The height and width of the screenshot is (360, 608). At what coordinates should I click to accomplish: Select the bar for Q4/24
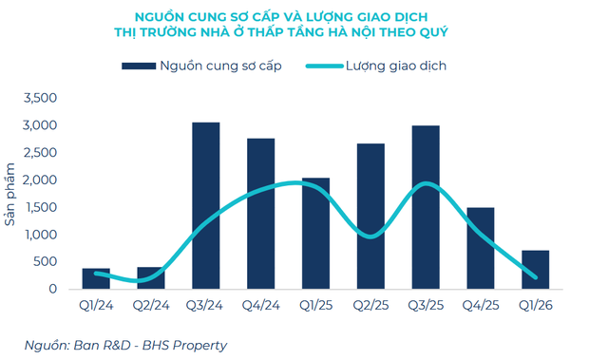(261, 214)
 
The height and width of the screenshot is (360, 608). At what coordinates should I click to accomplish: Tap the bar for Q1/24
(96, 278)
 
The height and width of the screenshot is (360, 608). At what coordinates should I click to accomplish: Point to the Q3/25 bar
(426, 207)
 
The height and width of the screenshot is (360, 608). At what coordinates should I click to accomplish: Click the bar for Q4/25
(481, 248)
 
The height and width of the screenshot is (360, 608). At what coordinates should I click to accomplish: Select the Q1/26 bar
(535, 269)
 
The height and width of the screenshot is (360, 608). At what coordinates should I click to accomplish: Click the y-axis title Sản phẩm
(12, 195)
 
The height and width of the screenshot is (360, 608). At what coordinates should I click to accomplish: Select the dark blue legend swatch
(137, 66)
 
